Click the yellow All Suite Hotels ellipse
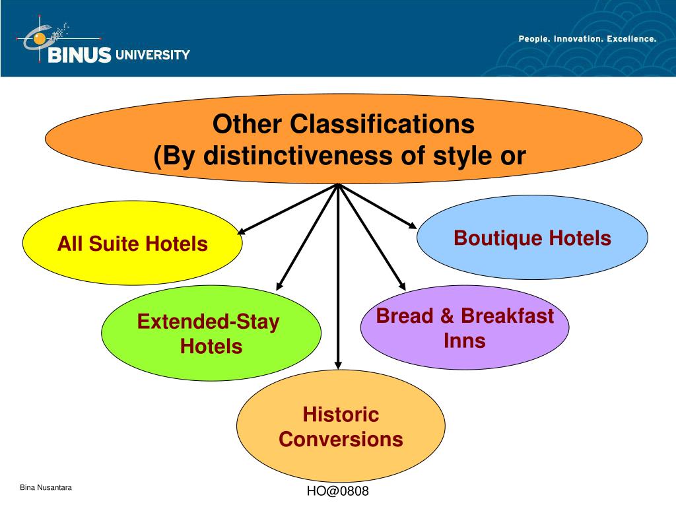tap(132, 244)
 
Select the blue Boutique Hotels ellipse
tap(532, 238)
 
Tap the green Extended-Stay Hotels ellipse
tap(211, 333)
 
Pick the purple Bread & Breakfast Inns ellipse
tap(465, 327)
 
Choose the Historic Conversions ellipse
tap(341, 426)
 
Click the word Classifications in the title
tap(383, 123)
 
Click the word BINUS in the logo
tap(79, 55)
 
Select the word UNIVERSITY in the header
tap(152, 55)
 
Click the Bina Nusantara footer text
tap(46, 487)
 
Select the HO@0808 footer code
tap(337, 491)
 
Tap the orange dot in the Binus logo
tap(40, 39)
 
